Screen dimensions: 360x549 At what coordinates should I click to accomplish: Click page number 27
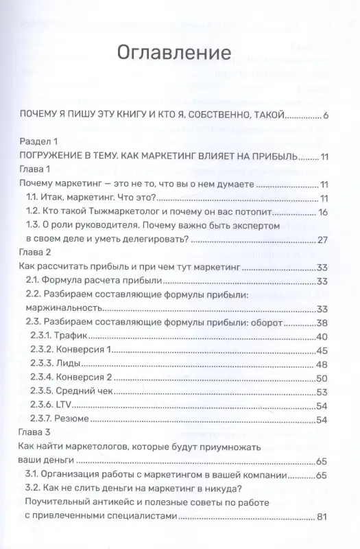[324, 240]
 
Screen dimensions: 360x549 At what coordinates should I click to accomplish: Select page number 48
[324, 364]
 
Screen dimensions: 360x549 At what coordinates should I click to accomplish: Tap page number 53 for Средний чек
[324, 393]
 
